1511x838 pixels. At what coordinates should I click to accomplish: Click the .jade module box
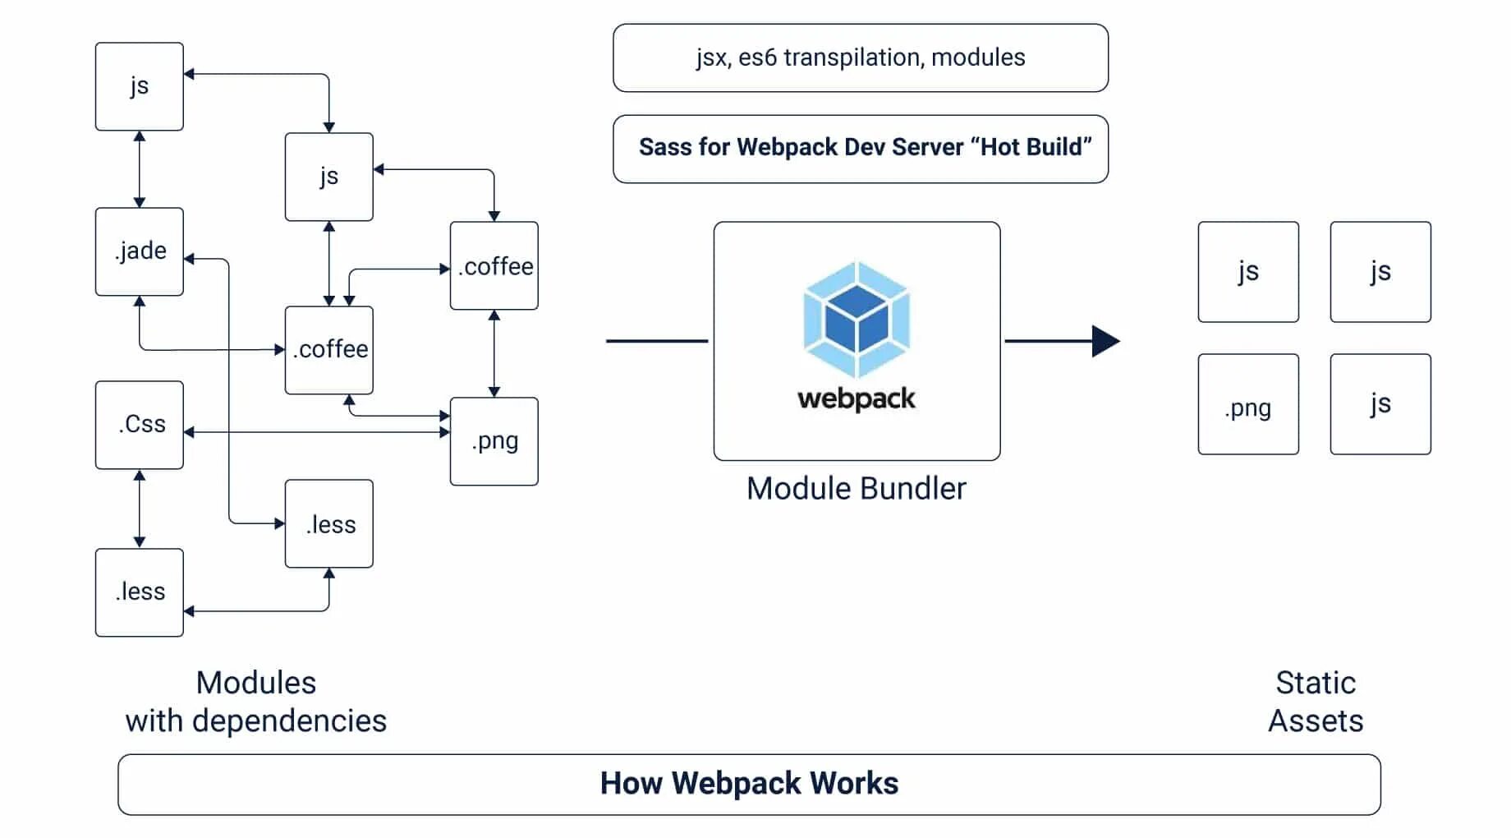click(x=140, y=251)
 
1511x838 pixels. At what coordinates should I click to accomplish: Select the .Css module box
click(x=140, y=425)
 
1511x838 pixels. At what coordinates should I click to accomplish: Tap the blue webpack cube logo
click(x=857, y=320)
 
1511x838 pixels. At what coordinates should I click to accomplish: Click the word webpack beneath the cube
click(x=857, y=398)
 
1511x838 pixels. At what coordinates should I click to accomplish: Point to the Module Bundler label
click(x=857, y=489)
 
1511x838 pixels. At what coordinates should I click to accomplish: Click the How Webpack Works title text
click(x=749, y=784)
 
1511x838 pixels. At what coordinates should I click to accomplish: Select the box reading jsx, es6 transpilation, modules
click(x=861, y=58)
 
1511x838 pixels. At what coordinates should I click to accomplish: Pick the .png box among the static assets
click(x=1248, y=405)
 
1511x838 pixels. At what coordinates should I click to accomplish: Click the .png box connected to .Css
click(x=494, y=441)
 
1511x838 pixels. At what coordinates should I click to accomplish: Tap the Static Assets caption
click(x=1316, y=702)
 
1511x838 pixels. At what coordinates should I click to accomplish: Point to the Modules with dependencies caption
click(x=255, y=702)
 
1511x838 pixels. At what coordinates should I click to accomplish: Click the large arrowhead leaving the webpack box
click(x=1105, y=341)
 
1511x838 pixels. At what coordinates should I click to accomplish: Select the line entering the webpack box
click(x=657, y=341)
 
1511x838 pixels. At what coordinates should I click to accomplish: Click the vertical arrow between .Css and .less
click(x=140, y=509)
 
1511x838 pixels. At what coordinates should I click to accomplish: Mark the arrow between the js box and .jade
click(x=140, y=169)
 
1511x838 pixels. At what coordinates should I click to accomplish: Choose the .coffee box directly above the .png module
click(x=494, y=265)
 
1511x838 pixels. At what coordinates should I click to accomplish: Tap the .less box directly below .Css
click(x=140, y=592)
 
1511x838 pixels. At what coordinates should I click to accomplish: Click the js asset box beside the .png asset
click(x=1380, y=404)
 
